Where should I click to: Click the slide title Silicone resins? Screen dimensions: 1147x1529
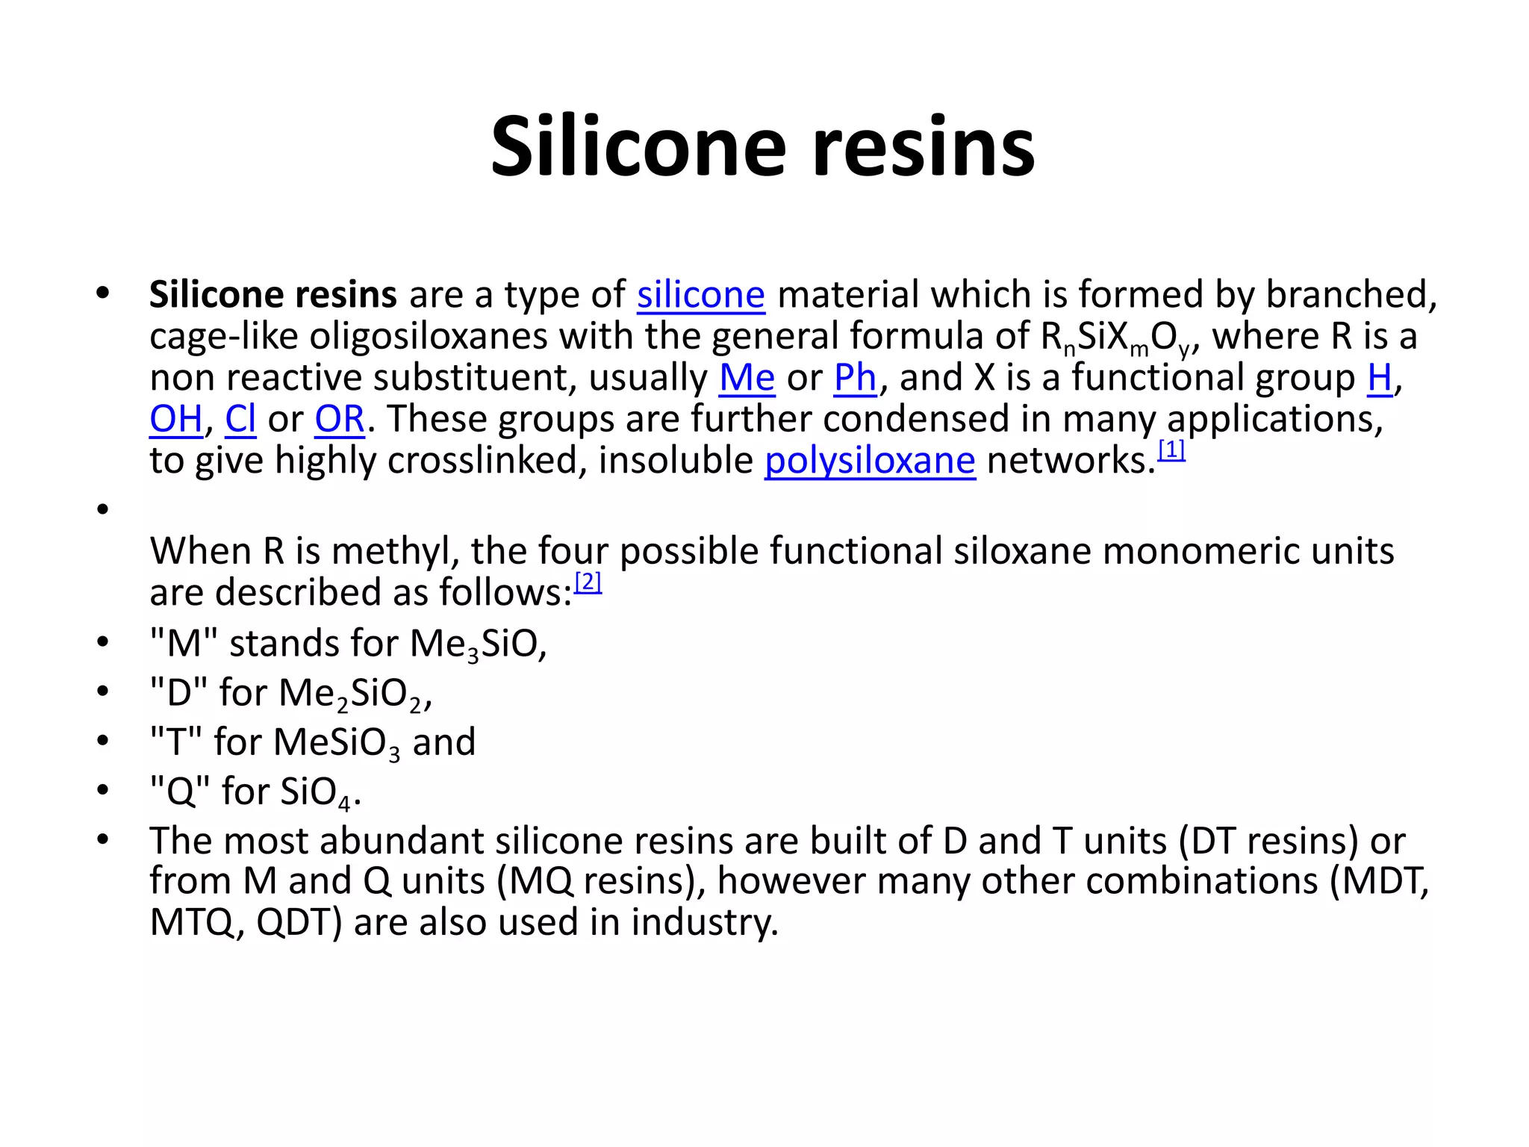pos(762,146)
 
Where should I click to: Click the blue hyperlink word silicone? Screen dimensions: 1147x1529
pos(700,295)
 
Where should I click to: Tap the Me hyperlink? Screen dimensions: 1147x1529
pos(747,378)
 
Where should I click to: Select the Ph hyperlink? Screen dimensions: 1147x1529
pos(855,378)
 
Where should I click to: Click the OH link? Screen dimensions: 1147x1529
pos(176,419)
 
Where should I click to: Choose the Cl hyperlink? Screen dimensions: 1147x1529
pos(240,419)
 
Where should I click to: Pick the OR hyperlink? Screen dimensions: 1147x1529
pos(340,419)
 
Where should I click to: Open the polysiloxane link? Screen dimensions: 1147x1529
pos(870,461)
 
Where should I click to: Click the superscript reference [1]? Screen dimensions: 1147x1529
pos(1171,450)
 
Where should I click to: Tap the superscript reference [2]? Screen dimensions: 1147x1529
pos(588,582)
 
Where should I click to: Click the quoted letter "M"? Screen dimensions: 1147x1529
pos(184,644)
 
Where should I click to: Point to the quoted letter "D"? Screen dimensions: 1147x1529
pos(178,693)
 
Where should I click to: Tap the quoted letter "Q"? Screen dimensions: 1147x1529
pos(180,792)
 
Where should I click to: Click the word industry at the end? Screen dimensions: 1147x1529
pos(704,923)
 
